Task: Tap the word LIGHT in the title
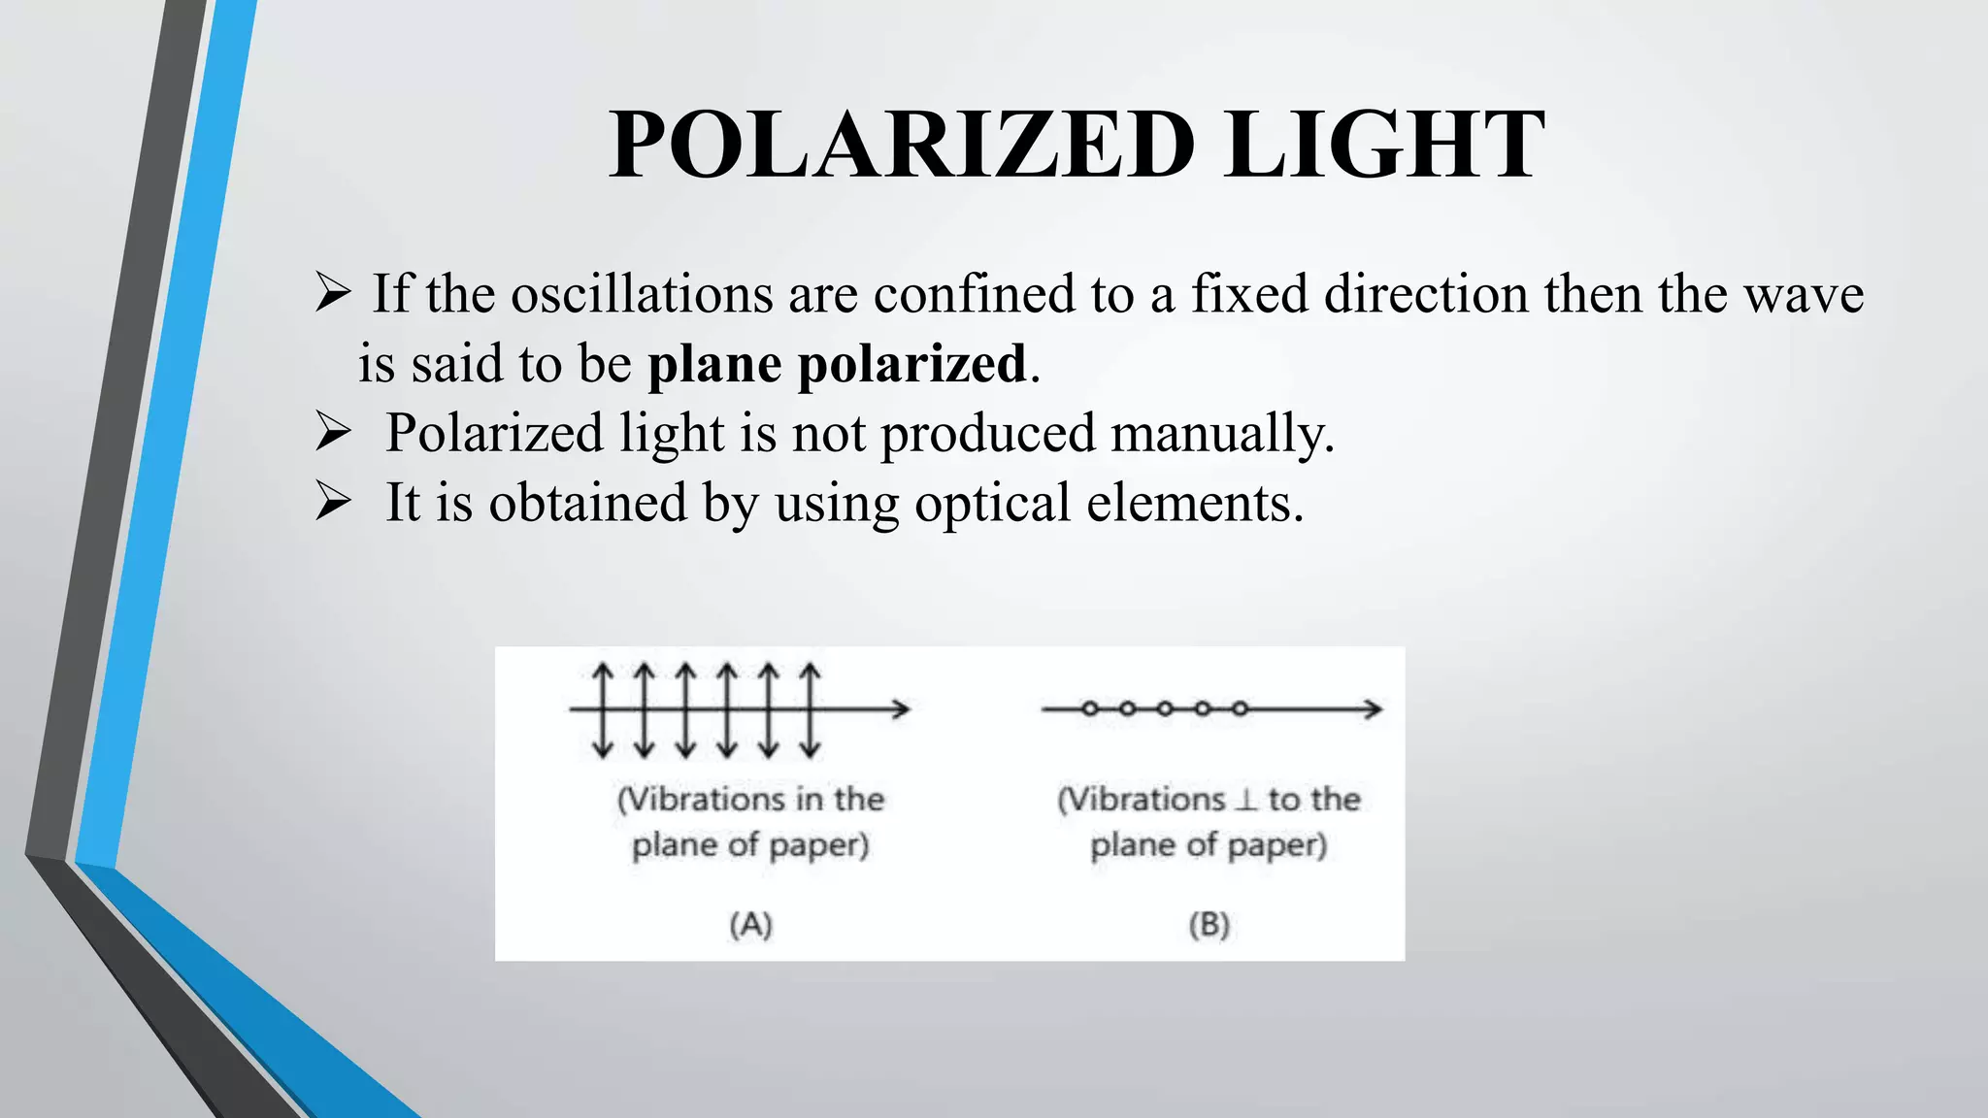point(1383,146)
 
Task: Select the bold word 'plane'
point(714,364)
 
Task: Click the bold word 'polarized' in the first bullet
point(911,366)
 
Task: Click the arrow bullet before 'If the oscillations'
point(333,293)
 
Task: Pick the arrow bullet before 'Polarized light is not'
point(333,433)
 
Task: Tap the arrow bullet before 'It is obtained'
point(333,503)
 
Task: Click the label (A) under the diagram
point(750,924)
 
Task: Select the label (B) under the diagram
point(1209,924)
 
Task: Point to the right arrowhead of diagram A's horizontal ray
point(902,709)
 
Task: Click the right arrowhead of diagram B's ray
point(1373,709)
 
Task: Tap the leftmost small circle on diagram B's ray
point(1089,709)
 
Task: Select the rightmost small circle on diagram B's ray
point(1240,709)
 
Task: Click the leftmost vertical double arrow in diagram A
point(603,709)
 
